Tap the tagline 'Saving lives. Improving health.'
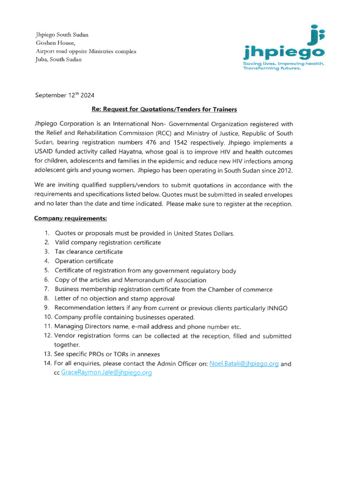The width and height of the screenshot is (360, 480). pyautogui.click(x=283, y=63)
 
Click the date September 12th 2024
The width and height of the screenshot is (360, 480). pyautogui.click(x=65, y=95)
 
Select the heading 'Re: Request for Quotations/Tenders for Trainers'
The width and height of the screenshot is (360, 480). pyautogui.click(x=164, y=109)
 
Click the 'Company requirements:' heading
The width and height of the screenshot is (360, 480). pyautogui.click(x=71, y=218)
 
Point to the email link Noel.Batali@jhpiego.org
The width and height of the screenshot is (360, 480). pyautogui.click(x=244, y=363)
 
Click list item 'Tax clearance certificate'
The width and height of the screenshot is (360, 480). pyautogui.click(x=89, y=252)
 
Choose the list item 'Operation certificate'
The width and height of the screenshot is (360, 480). pyautogui.click(x=84, y=261)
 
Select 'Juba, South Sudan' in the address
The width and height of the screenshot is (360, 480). pyautogui.click(x=59, y=60)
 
